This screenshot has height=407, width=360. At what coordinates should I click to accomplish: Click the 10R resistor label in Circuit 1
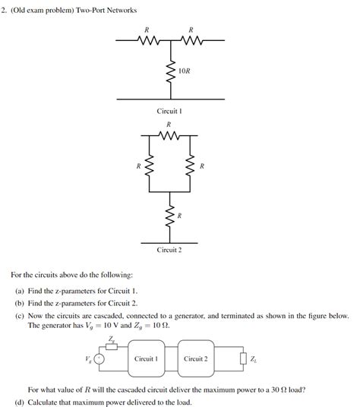185,71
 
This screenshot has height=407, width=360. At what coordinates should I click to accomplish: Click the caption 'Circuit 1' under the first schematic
169,111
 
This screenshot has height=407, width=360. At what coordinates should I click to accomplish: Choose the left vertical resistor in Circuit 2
149,165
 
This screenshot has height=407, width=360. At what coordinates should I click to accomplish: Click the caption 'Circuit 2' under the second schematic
169,250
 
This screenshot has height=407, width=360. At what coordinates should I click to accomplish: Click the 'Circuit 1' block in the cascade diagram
145,358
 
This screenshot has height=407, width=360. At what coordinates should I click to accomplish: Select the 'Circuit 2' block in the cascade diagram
195,358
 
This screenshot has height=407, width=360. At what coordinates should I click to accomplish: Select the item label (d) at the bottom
20,402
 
